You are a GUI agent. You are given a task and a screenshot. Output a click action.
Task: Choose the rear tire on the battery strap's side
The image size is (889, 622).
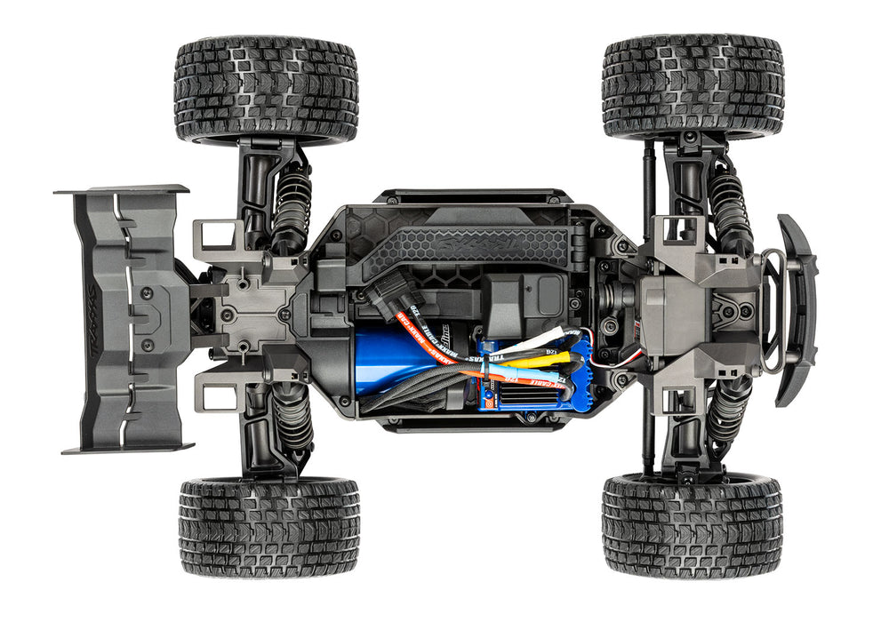pyautogui.click(x=266, y=89)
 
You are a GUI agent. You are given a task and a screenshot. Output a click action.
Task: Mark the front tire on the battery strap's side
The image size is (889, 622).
pyautogui.click(x=693, y=86)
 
